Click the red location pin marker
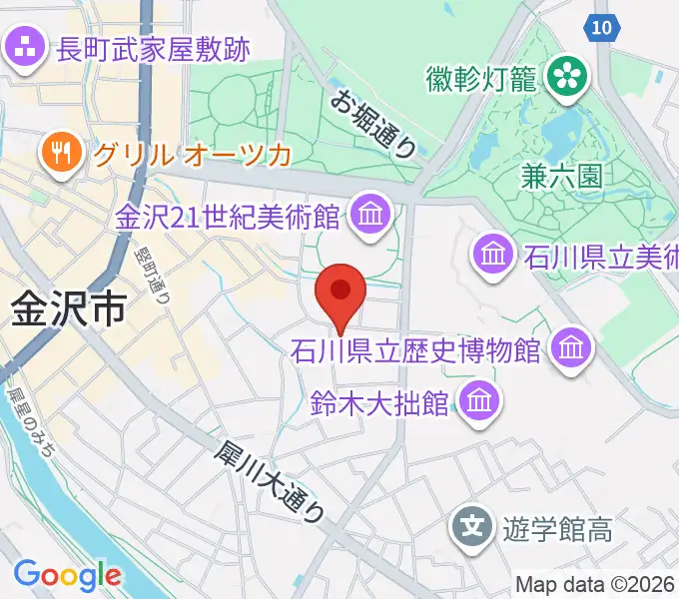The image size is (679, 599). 340,293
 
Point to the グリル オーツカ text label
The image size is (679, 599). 192,155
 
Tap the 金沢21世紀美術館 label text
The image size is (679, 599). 231,216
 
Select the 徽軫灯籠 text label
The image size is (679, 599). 481,76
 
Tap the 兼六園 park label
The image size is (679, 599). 562,177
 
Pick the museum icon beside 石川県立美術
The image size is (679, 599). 494,253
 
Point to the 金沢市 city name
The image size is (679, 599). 69,308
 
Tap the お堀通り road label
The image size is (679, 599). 375,123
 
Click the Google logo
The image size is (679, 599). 67,575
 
